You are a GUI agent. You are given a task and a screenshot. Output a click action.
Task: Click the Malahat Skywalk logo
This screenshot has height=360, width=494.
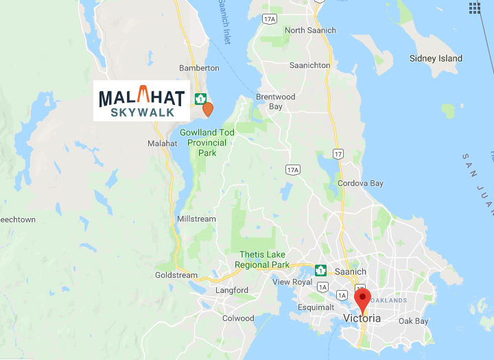tap(142, 101)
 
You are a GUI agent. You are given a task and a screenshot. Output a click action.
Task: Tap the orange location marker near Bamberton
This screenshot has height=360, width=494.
tap(207, 109)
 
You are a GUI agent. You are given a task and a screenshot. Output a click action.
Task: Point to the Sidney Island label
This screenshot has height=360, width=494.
tap(436, 58)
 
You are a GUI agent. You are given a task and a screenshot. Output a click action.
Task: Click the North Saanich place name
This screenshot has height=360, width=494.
tap(310, 30)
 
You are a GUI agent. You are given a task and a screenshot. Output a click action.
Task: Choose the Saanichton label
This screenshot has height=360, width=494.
tap(311, 65)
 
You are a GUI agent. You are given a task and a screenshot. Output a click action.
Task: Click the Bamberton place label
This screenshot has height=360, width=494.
tap(199, 68)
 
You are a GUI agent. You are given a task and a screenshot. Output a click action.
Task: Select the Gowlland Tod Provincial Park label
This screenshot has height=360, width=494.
tap(207, 143)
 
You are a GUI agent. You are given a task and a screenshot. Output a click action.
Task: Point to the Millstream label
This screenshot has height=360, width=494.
tap(196, 219)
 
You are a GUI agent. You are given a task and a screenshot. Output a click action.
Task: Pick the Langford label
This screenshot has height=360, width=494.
tap(232, 290)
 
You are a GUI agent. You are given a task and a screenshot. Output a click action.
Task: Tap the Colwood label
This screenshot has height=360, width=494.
tap(238, 318)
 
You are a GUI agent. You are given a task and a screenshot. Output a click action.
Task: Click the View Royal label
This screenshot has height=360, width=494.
tap(292, 282)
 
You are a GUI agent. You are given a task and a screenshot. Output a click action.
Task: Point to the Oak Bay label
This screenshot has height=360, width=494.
tap(414, 321)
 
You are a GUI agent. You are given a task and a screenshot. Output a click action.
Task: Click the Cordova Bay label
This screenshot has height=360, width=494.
tap(360, 183)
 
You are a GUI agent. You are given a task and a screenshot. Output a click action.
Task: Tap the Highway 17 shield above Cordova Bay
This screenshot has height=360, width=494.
tap(337, 154)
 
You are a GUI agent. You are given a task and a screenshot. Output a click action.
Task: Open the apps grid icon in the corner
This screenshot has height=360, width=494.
tap(475, 8)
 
